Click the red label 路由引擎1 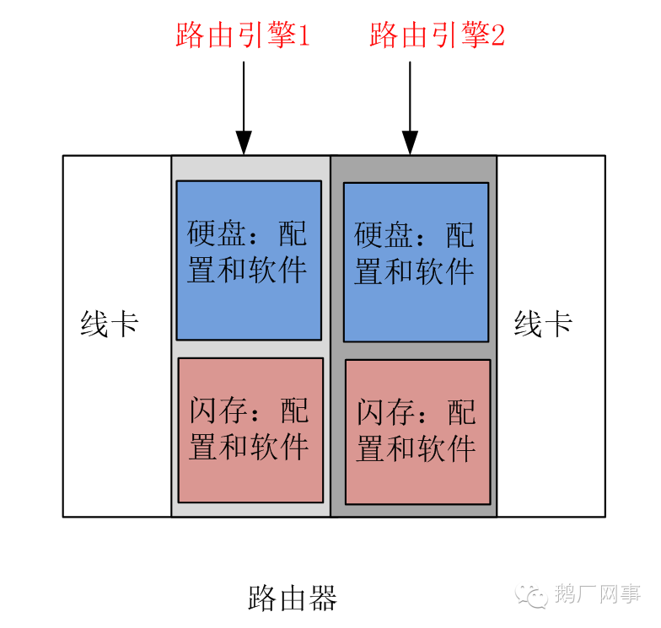[x=243, y=35]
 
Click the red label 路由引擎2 [x=437, y=35]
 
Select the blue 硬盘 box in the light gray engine [x=249, y=260]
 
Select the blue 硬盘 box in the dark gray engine [x=416, y=261]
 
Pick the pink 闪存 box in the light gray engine [x=250, y=430]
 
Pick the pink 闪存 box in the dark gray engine [x=417, y=432]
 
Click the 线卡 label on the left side [x=110, y=325]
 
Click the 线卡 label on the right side [x=544, y=325]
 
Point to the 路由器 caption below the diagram [x=293, y=598]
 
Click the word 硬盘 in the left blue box [x=216, y=233]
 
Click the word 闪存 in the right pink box [x=384, y=413]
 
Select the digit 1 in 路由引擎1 [x=304, y=35]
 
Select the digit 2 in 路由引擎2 [x=498, y=35]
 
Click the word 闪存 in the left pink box [x=218, y=411]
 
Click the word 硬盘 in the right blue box [x=383, y=235]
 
